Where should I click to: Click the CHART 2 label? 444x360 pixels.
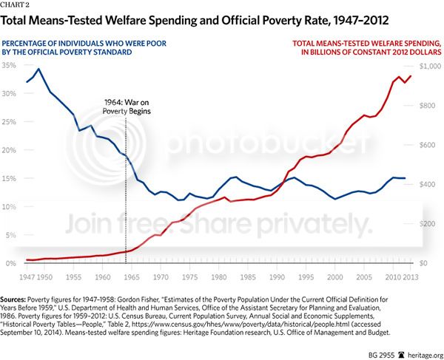point(18,5)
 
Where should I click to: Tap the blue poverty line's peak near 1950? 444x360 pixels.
point(38,69)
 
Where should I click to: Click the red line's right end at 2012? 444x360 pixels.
point(411,76)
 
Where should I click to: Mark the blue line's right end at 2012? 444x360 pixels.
point(405,178)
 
